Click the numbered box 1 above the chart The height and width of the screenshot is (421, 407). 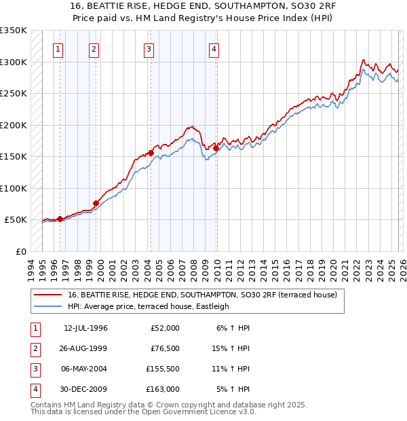pyautogui.click(x=59, y=49)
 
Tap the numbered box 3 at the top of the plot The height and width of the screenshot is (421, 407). pyautogui.click(x=149, y=49)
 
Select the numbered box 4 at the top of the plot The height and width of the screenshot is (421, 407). pyautogui.click(x=214, y=49)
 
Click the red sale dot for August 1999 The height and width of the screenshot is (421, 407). pyautogui.click(x=96, y=203)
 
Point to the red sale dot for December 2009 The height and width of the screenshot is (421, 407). pyautogui.click(x=216, y=148)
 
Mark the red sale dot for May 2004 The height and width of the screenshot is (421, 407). pyautogui.click(x=151, y=153)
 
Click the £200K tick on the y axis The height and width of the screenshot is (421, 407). pyautogui.click(x=14, y=126)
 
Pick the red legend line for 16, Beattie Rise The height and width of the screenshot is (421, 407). pyautogui.click(x=47, y=295)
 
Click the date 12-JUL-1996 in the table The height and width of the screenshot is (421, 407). pyautogui.click(x=85, y=328)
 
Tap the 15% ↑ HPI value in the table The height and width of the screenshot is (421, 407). pyautogui.click(x=233, y=348)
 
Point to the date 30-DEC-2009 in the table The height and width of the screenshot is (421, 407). pyautogui.click(x=85, y=389)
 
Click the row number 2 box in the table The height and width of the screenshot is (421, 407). pyautogui.click(x=34, y=348)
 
